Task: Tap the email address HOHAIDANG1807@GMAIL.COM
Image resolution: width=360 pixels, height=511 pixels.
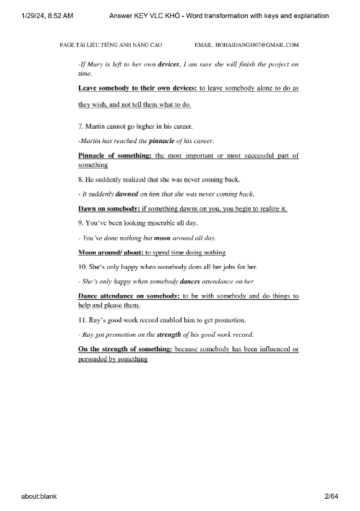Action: coord(248,45)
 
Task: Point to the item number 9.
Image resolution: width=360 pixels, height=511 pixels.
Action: coord(80,223)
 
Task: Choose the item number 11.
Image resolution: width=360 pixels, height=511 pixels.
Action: coord(82,321)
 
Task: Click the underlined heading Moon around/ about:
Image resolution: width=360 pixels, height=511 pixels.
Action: coord(110,252)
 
